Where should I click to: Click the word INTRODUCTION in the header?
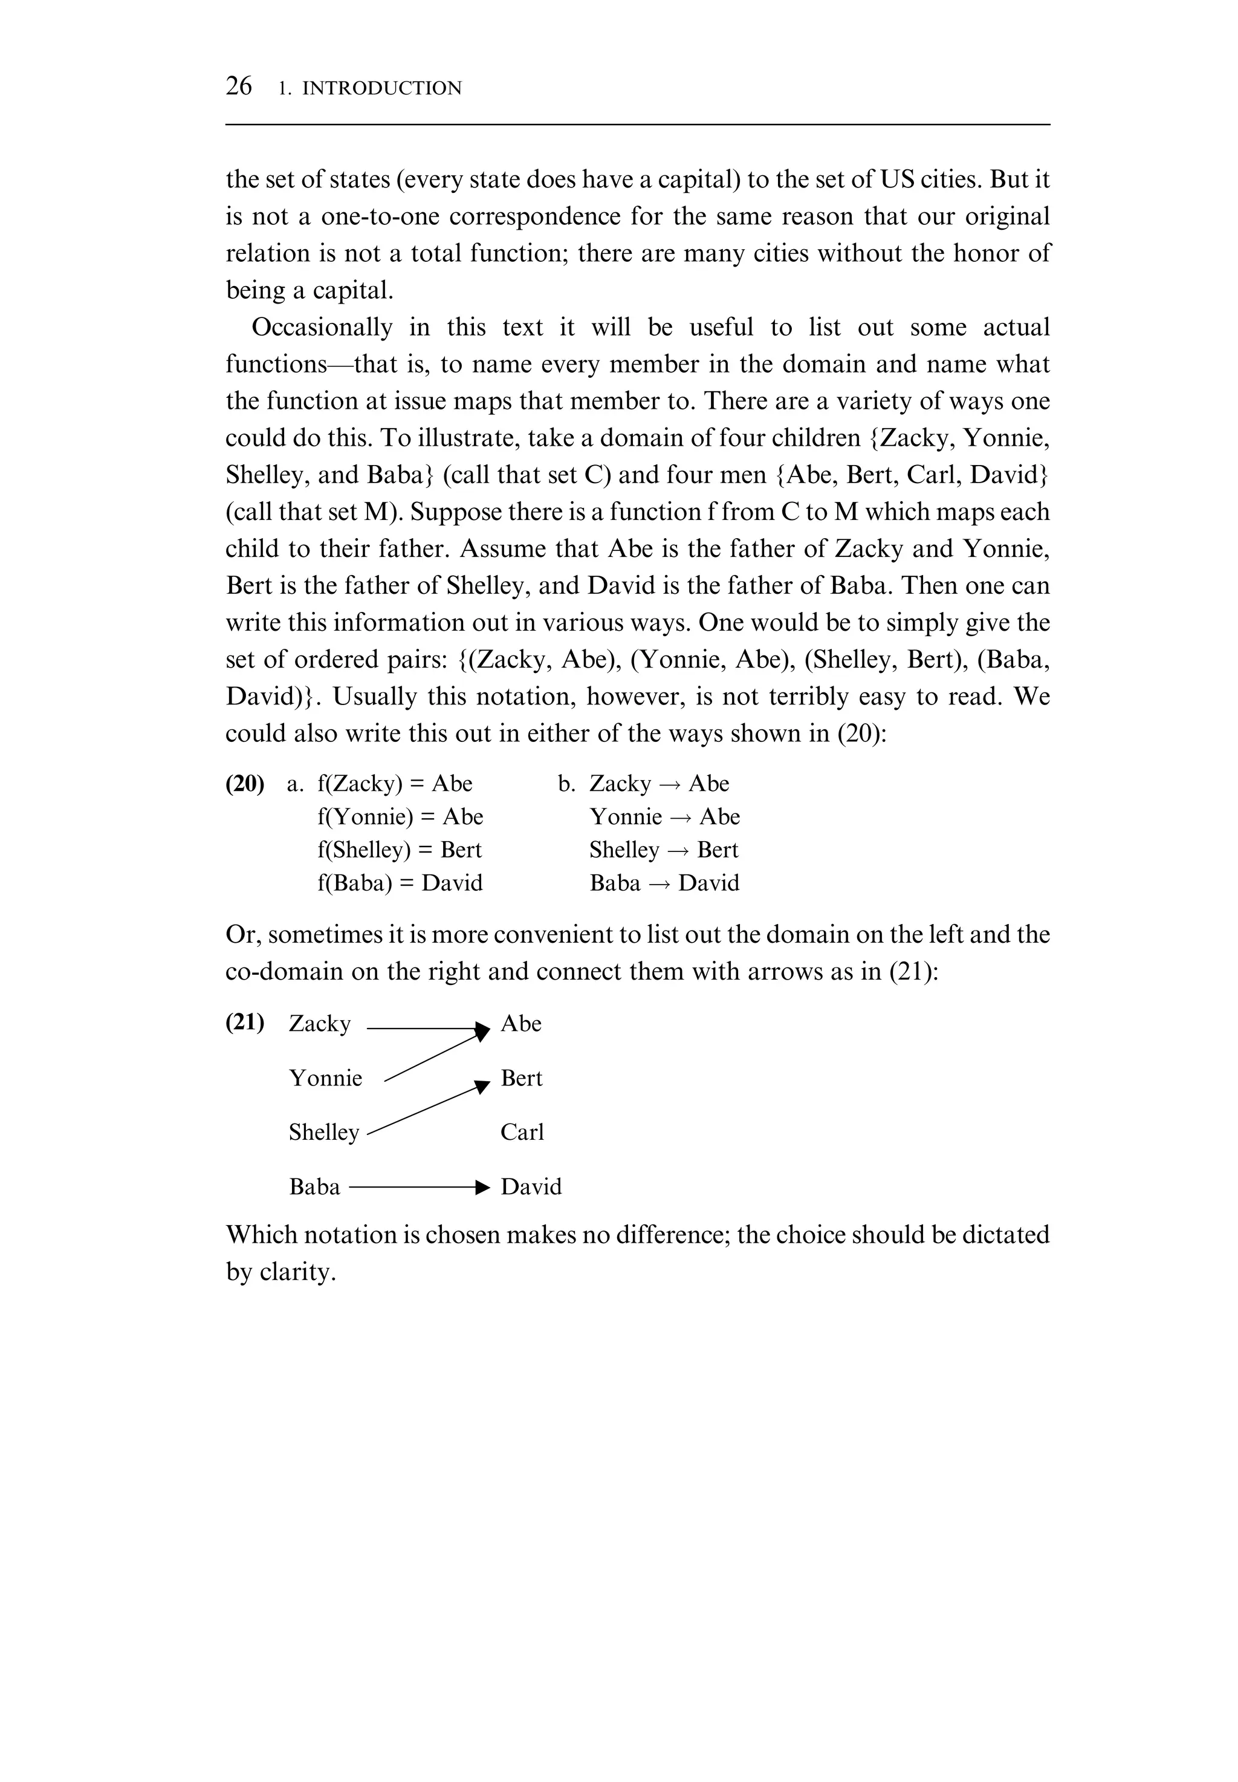pos(381,88)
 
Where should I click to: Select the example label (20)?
pos(244,784)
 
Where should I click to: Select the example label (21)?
pos(244,1023)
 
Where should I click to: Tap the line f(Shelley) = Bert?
pos(399,850)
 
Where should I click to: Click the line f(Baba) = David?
pos(399,883)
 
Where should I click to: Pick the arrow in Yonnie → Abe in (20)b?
pos(679,818)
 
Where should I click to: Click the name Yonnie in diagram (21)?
pos(325,1078)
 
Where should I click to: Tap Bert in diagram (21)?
pos(521,1078)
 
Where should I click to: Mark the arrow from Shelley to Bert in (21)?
pos(427,1110)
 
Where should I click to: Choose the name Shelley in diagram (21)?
pos(323,1133)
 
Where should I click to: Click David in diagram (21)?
pos(531,1186)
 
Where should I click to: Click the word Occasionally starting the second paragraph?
pos(322,327)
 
